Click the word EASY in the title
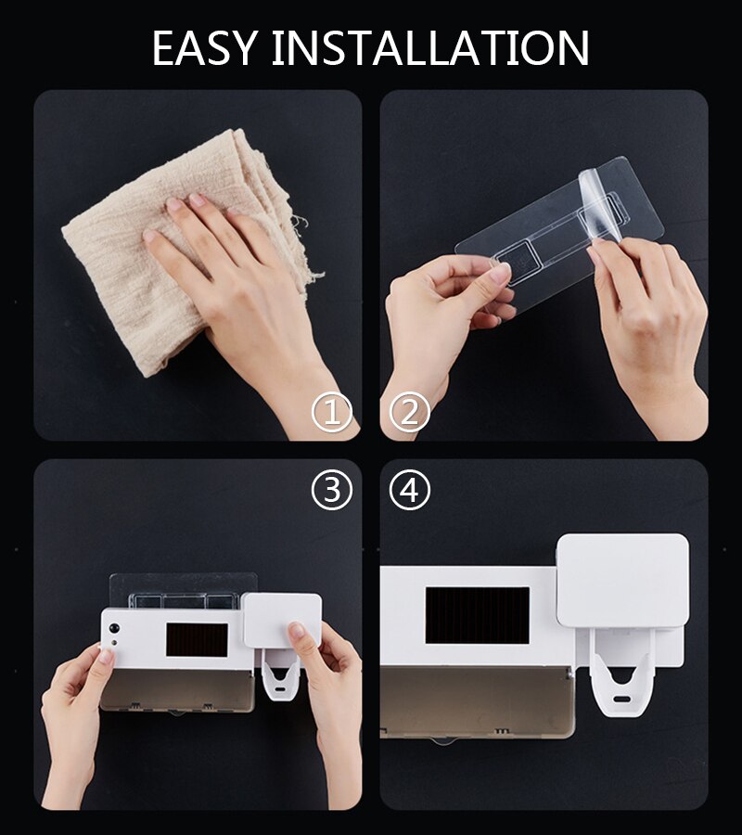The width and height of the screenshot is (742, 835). click(x=205, y=48)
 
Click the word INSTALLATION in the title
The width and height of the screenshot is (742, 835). click(x=430, y=48)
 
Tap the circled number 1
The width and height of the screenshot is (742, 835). click(x=332, y=412)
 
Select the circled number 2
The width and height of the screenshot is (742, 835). click(x=410, y=412)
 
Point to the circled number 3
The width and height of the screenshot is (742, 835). click(x=332, y=489)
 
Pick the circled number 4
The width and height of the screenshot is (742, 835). click(x=410, y=489)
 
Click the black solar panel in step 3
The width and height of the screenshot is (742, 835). click(x=197, y=639)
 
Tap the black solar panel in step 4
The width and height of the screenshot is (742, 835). click(x=477, y=614)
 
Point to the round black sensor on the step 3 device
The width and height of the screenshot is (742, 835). click(x=113, y=629)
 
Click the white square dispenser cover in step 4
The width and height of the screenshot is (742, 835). click(x=622, y=581)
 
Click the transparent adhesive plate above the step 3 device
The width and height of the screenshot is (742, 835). click(x=183, y=590)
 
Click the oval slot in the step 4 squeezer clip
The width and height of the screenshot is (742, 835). click(x=620, y=699)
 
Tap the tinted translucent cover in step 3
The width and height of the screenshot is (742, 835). click(x=177, y=690)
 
